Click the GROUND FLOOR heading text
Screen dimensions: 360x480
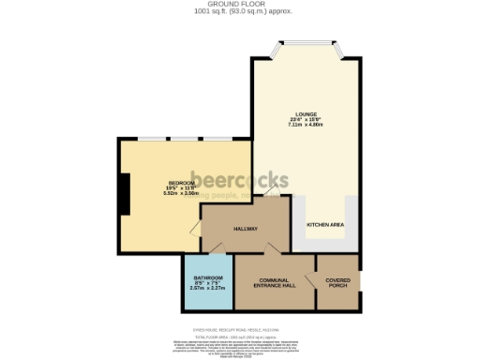click(241, 4)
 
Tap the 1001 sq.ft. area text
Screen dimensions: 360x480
click(241, 12)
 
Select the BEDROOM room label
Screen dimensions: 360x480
click(155, 183)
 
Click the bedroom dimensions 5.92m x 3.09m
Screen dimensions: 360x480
click(155, 194)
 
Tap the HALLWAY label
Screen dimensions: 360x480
click(246, 229)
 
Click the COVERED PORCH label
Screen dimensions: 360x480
click(338, 283)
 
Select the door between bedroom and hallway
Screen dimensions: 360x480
click(195, 231)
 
